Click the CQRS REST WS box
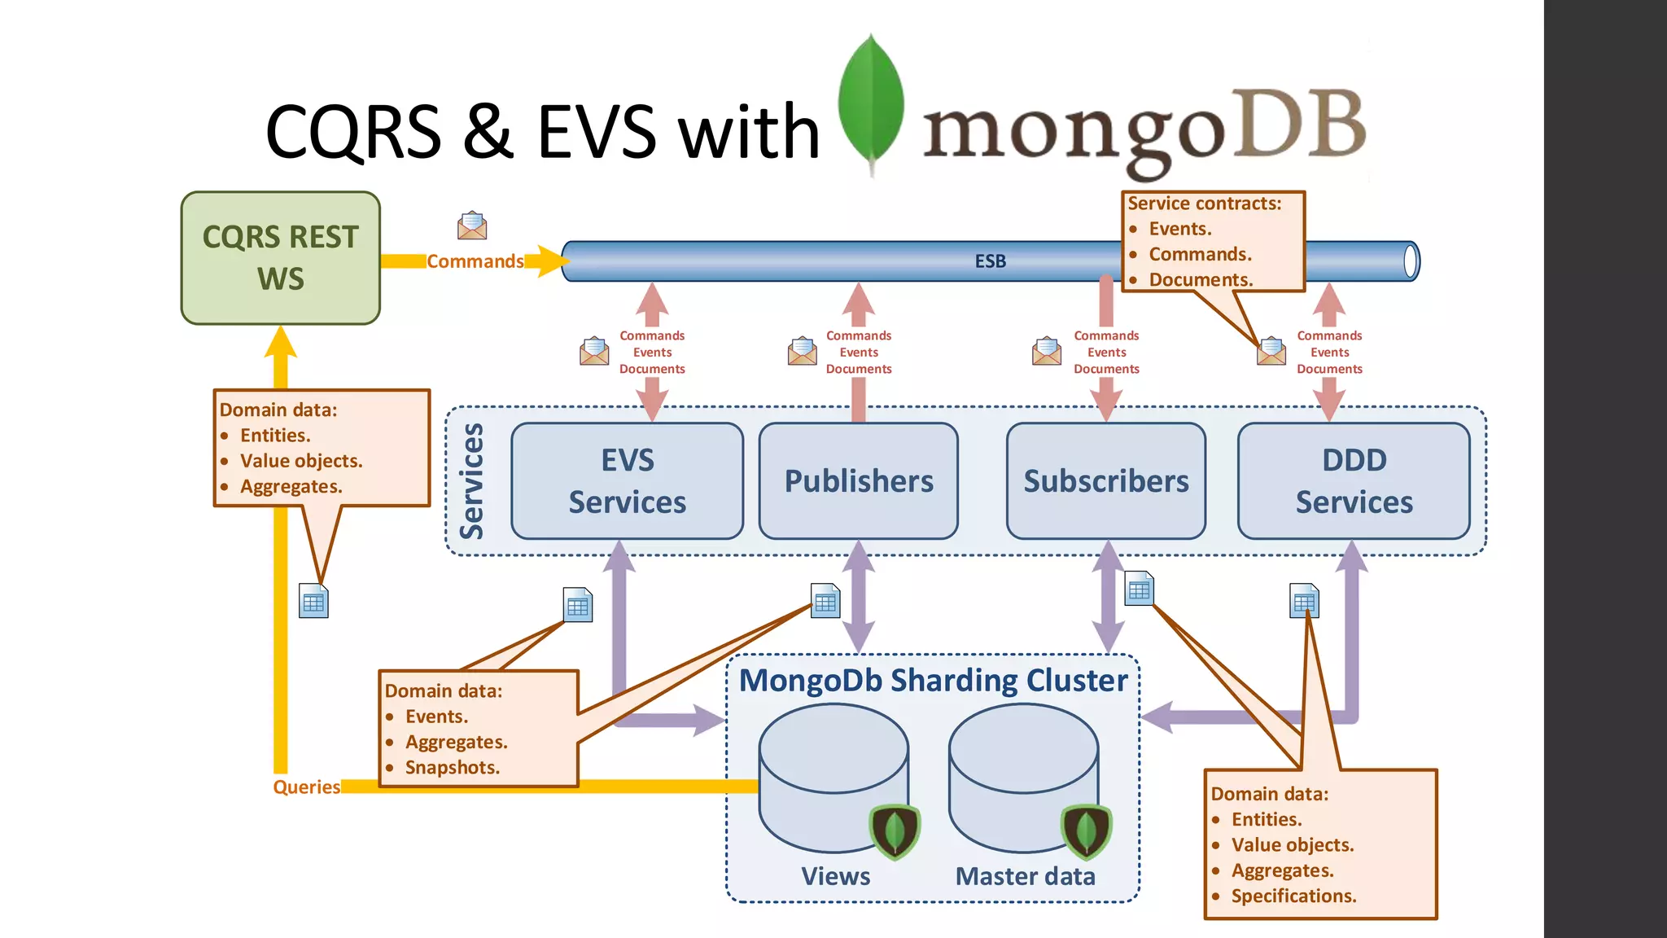coord(280,258)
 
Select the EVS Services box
coord(627,480)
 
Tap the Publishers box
coord(858,480)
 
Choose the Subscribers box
coord(1105,480)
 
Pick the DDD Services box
coord(1354,480)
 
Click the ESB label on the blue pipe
coord(990,261)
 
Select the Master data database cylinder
coord(1022,774)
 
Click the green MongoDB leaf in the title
coord(871,102)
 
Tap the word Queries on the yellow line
coord(306,787)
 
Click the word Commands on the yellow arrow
coord(475,261)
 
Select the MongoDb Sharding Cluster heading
coord(933,680)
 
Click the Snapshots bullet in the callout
coord(452,767)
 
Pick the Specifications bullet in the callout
coord(1293,896)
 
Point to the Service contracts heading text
coord(1204,204)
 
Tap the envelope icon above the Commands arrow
coord(472,226)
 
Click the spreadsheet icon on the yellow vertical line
coord(313,601)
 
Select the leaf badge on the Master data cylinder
coord(1086,831)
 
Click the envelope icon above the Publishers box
coord(803,351)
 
